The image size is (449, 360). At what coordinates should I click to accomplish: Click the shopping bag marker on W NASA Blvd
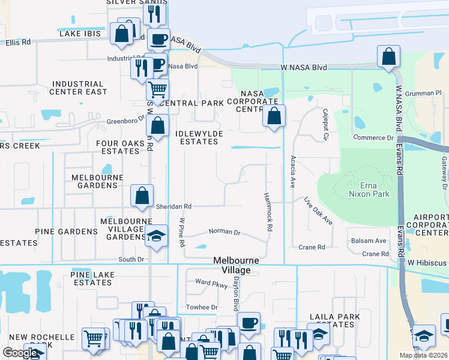click(389, 57)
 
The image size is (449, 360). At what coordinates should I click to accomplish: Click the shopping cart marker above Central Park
click(157, 91)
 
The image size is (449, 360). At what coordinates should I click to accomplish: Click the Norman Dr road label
click(224, 232)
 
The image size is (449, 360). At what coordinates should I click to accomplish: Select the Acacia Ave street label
click(294, 171)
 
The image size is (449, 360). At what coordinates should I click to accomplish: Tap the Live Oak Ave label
click(318, 211)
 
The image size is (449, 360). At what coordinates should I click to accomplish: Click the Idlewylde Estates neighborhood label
click(198, 137)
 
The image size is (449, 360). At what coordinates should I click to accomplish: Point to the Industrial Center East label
click(79, 88)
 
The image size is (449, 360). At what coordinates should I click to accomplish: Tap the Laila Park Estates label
click(334, 320)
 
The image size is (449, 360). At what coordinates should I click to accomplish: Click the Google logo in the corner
click(20, 353)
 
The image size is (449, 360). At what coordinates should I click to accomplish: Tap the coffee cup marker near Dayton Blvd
click(249, 323)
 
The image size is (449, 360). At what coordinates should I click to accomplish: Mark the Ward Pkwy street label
click(211, 283)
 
